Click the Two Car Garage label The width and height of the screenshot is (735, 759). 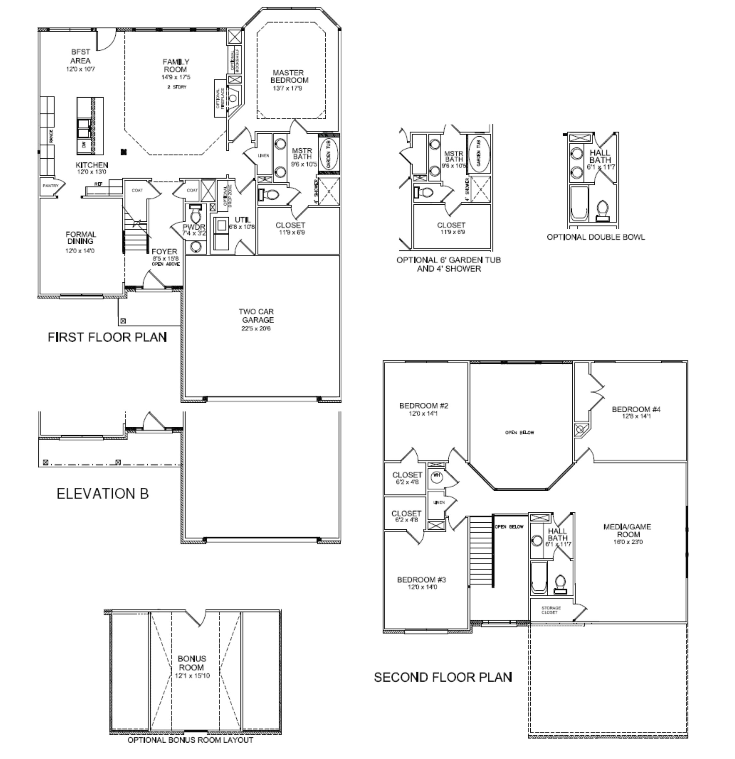tap(256, 316)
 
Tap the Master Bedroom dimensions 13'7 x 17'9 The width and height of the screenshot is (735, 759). tap(287, 88)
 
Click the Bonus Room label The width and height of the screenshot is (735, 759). tap(192, 663)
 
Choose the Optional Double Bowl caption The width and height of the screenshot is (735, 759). tap(596, 237)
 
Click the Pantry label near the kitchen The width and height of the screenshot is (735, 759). tap(50, 186)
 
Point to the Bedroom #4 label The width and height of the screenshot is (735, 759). tap(636, 409)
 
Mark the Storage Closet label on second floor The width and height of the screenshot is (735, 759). tap(551, 610)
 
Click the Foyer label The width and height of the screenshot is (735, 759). tap(164, 251)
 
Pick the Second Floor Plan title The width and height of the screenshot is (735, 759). tap(443, 677)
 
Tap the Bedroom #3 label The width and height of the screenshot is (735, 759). tap(421, 580)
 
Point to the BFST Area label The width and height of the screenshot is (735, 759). tap(81, 56)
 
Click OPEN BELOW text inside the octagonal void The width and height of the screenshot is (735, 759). tap(519, 432)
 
